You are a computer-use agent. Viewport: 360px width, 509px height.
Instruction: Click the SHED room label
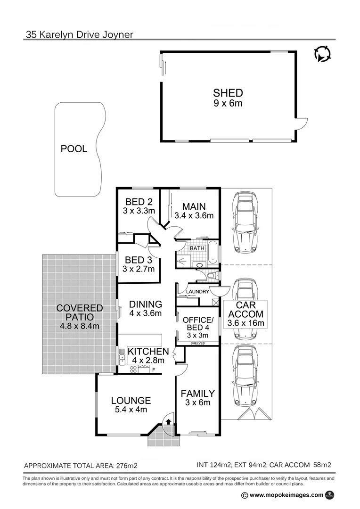tap(228, 93)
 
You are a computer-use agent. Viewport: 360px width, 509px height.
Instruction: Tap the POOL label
tap(74, 149)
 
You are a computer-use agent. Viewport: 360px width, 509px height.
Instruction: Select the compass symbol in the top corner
tap(322, 55)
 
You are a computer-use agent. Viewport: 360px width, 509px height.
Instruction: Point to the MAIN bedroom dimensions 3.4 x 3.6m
tap(194, 216)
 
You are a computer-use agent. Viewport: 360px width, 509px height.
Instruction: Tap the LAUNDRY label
tap(197, 292)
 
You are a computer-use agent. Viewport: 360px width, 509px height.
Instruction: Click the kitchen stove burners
tap(133, 370)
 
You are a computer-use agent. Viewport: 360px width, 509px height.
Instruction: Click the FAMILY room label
tap(197, 393)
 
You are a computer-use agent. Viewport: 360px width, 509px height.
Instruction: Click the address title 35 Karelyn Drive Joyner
tap(79, 34)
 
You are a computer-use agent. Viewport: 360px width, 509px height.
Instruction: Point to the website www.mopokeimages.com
tap(286, 495)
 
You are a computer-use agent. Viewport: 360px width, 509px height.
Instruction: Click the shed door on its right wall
tap(302, 123)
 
